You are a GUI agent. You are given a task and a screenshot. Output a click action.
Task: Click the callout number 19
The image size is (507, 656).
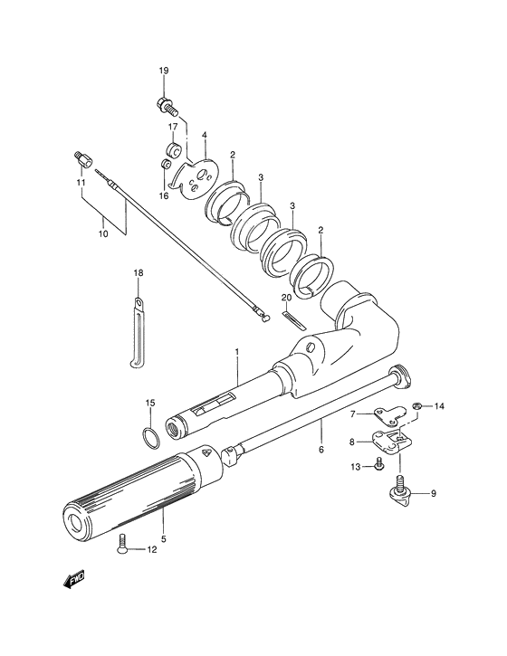tap(164, 71)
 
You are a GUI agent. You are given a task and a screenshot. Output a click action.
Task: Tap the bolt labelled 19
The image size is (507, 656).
tap(165, 105)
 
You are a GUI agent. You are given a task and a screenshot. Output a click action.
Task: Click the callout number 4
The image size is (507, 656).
tap(205, 136)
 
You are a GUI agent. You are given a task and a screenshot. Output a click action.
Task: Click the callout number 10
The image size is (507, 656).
tap(103, 233)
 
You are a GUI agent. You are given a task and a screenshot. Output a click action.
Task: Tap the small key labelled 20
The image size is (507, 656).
tap(291, 318)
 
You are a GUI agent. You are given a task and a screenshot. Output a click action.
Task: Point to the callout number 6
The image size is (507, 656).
tap(320, 447)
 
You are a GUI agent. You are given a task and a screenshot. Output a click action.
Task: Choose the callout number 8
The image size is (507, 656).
tap(353, 442)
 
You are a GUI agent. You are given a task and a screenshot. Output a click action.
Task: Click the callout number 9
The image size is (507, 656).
tap(433, 493)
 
